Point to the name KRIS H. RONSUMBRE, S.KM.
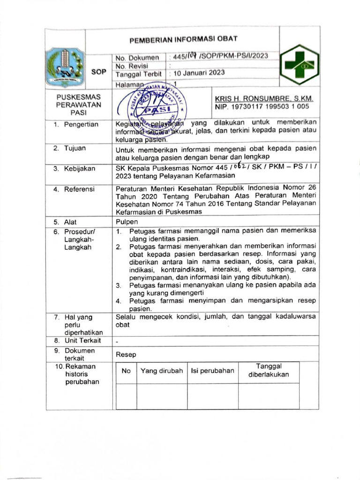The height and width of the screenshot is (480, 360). (264, 99)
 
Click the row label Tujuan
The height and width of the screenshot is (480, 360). (75, 148)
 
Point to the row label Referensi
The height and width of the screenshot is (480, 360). (79, 189)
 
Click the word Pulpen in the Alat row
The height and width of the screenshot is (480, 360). (127, 222)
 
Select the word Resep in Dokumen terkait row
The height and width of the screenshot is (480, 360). (126, 355)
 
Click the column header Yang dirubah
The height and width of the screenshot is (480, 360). (162, 371)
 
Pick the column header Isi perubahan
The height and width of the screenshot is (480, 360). (212, 371)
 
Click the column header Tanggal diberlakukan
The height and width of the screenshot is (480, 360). (269, 370)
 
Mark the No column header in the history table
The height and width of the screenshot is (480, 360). (126, 371)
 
